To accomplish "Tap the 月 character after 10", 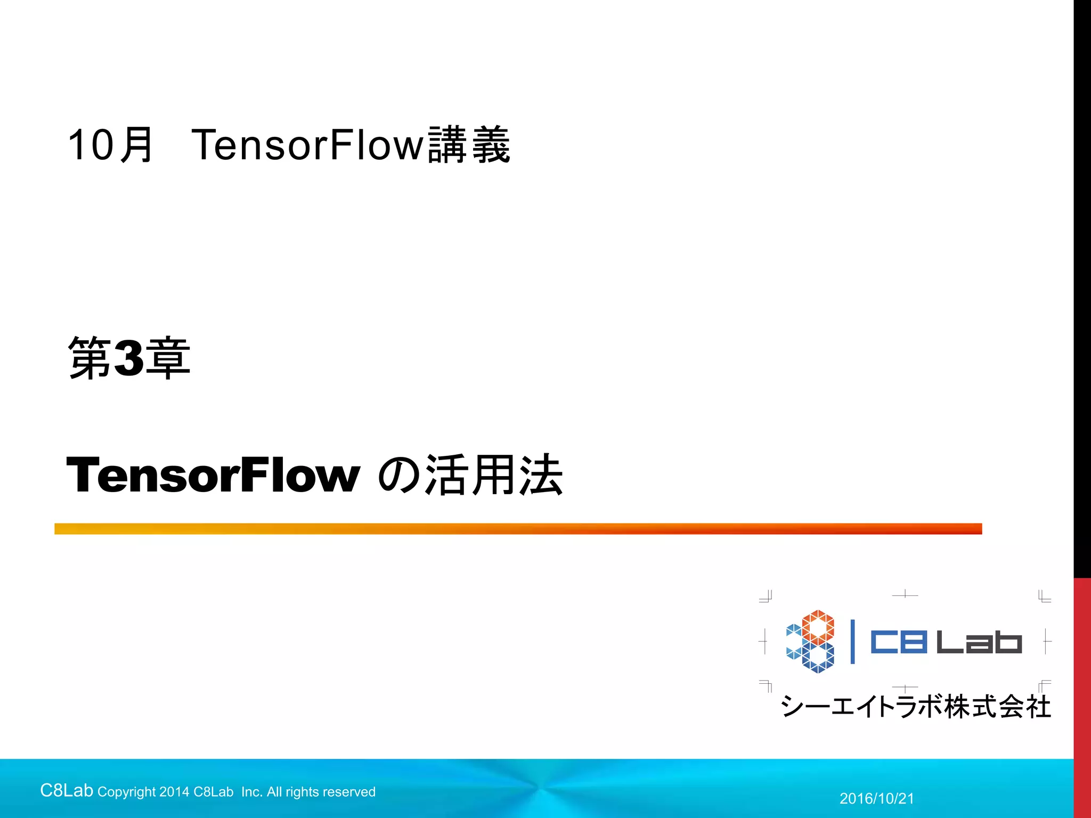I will click(x=137, y=145).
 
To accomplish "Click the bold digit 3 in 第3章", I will click(x=129, y=358).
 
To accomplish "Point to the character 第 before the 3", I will click(x=89, y=358).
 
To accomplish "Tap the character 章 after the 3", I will click(x=168, y=358).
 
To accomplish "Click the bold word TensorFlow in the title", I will click(x=213, y=475).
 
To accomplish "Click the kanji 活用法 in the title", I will click(x=494, y=475).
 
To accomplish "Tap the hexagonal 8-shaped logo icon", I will click(x=810, y=641).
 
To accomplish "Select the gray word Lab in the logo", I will click(x=979, y=642).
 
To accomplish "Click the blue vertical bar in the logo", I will click(x=852, y=642).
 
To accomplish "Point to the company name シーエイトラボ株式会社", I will click(x=916, y=707).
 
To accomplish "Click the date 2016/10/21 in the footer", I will click(x=877, y=798).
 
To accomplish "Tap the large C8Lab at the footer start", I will click(x=67, y=791).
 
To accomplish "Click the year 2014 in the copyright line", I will click(x=174, y=792).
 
